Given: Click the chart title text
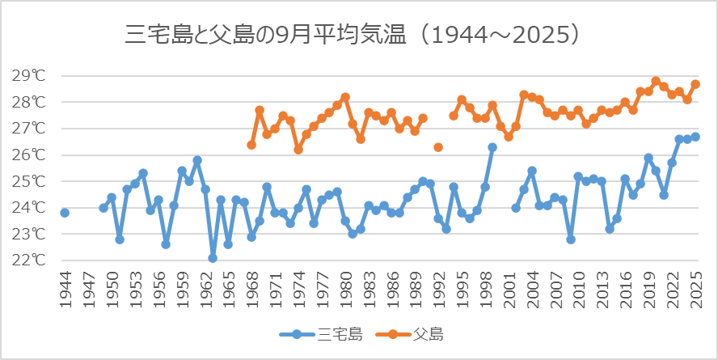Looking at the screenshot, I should tap(354, 35).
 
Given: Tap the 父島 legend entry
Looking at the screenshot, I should tap(412, 333).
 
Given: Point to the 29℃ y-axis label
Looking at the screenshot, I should tap(29, 76).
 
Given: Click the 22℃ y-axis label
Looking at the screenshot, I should tap(29, 260).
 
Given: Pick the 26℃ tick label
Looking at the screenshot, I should tap(29, 155).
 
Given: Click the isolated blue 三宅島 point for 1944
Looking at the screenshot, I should tap(65, 213).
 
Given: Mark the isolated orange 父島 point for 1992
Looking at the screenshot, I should tap(438, 147).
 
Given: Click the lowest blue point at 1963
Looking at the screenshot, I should tap(213, 258).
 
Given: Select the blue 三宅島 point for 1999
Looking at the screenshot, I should tap(492, 147).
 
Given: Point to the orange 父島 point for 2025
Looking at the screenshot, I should tap(695, 84).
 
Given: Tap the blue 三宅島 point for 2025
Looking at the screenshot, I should tap(695, 137).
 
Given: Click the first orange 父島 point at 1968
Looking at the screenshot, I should tap(251, 145).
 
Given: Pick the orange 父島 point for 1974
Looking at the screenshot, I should tap(298, 150).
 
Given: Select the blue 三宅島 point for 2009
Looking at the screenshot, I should tap(570, 239).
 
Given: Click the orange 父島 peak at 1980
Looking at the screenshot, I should tap(345, 97).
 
